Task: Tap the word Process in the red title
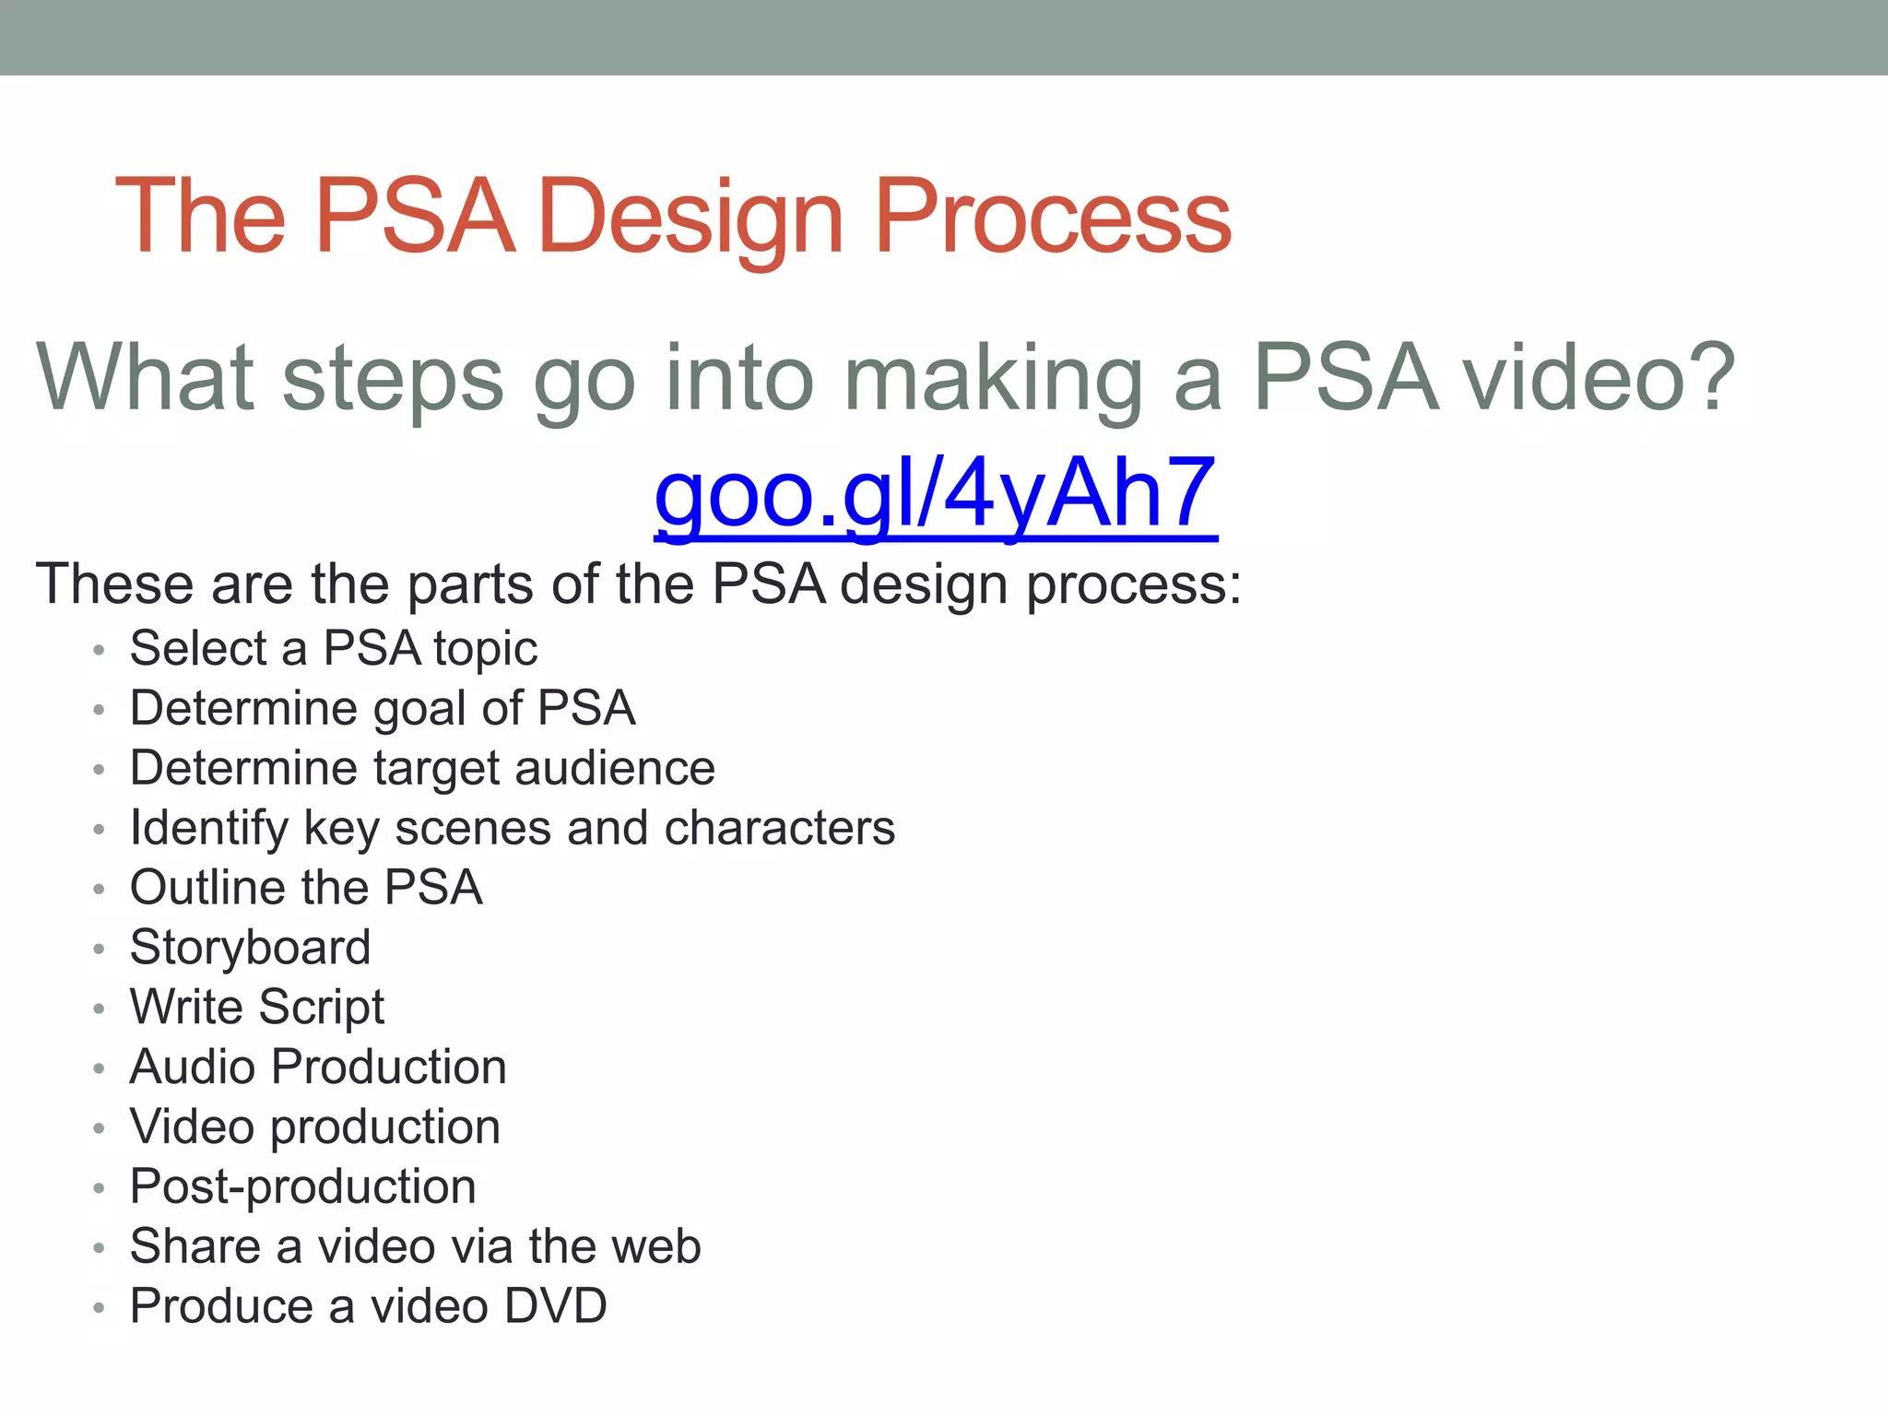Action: (x=1052, y=218)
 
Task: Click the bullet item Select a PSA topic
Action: (x=333, y=648)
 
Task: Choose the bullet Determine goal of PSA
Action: (x=382, y=708)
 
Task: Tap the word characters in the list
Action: (x=779, y=828)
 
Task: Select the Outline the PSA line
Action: (x=306, y=888)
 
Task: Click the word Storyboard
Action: (x=250, y=948)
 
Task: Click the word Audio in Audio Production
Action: (x=193, y=1067)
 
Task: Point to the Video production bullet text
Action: (x=314, y=1127)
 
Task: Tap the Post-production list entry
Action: (x=302, y=1186)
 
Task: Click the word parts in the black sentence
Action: (x=470, y=584)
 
